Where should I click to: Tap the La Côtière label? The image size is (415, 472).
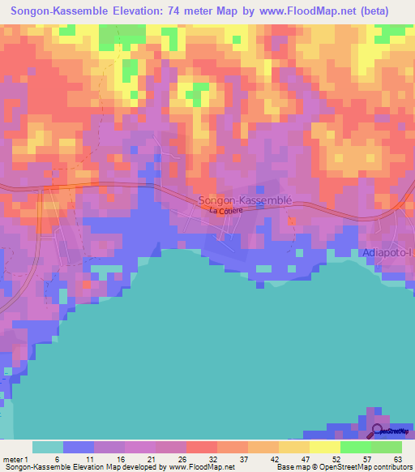pyautogui.click(x=225, y=211)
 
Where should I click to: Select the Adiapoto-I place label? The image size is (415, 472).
pyautogui.click(x=388, y=252)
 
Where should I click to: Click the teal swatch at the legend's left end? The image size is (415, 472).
pyautogui.click(x=47, y=447)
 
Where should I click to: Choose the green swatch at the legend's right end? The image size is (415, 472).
pyautogui.click(x=386, y=447)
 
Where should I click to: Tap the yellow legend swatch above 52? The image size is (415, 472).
pyautogui.click(x=324, y=447)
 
